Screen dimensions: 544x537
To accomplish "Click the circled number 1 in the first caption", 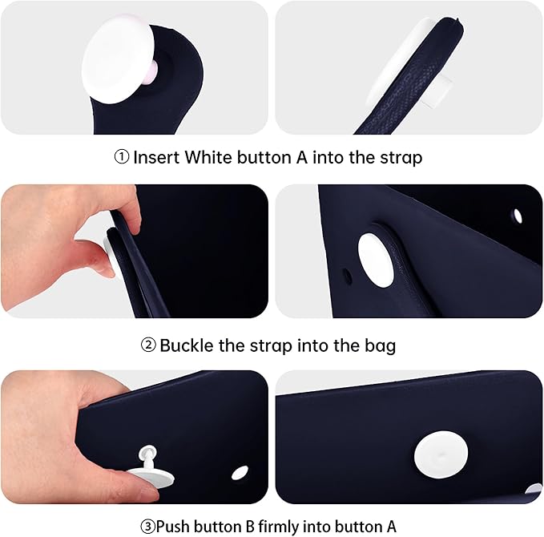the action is click(x=122, y=157).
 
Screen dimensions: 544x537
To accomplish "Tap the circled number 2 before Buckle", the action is click(x=148, y=345).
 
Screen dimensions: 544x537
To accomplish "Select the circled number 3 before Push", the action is click(x=147, y=527).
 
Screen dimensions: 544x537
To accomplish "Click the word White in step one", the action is click(x=208, y=157).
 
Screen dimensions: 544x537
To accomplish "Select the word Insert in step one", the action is click(x=156, y=157).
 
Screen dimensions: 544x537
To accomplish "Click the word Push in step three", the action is click(x=173, y=527).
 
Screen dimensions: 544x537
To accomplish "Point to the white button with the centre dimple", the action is click(x=441, y=454).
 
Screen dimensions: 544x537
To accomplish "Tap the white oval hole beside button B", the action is click(x=240, y=473).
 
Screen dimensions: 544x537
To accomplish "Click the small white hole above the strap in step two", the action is click(x=518, y=216).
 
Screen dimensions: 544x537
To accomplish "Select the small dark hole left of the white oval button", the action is click(x=347, y=276).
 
